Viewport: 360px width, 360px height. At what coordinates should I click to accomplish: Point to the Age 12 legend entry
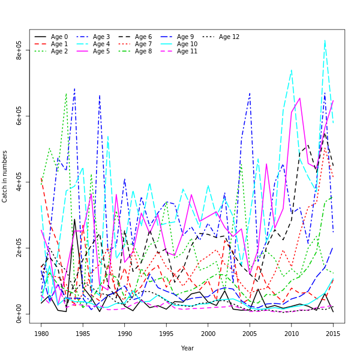coord(230,37)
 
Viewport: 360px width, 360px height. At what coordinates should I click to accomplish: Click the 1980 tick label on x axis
coord(41,333)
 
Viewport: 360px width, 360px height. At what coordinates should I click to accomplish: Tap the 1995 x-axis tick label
coord(166,333)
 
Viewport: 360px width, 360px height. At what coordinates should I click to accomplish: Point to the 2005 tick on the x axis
coord(250,333)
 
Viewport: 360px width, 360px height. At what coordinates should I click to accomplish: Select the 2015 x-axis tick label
coord(333,333)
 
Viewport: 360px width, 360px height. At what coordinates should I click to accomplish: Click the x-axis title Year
coord(187,348)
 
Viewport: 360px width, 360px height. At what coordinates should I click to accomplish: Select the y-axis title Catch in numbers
coord(5,176)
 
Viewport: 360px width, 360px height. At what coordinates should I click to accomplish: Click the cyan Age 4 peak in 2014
coord(325,41)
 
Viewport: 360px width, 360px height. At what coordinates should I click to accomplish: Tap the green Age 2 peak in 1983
coord(66,93)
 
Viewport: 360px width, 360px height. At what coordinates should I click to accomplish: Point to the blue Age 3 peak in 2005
coord(250,93)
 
